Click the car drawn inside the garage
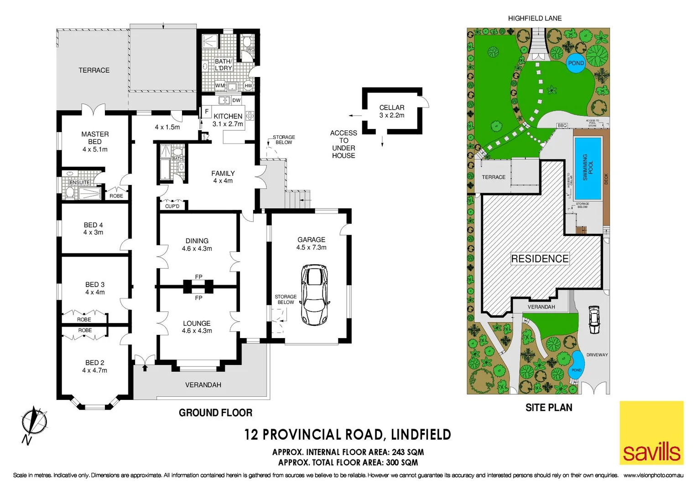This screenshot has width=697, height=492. coord(314,295)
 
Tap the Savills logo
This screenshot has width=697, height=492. coord(651,433)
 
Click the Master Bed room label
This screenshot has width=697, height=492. coord(95,138)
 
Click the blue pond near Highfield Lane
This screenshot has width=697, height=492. coord(576,63)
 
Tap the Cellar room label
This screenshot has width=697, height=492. coord(392,108)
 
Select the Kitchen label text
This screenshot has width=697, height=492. coord(228,116)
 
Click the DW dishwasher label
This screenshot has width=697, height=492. coord(236,100)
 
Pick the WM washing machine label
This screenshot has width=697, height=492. coord(220,86)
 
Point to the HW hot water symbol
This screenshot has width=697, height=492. coord(248,86)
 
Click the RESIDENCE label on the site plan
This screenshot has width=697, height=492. coord(540,259)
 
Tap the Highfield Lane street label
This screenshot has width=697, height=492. coord(535,18)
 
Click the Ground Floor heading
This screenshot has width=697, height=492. coord(215,413)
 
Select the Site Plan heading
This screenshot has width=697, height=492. coord(549,408)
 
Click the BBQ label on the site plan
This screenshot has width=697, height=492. coord(562,126)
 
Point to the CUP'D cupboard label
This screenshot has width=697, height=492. coord(172,206)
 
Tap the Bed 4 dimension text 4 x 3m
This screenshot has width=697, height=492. coord(93,232)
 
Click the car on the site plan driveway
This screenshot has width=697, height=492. coord(593,320)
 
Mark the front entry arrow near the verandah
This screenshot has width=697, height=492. coord(145,367)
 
